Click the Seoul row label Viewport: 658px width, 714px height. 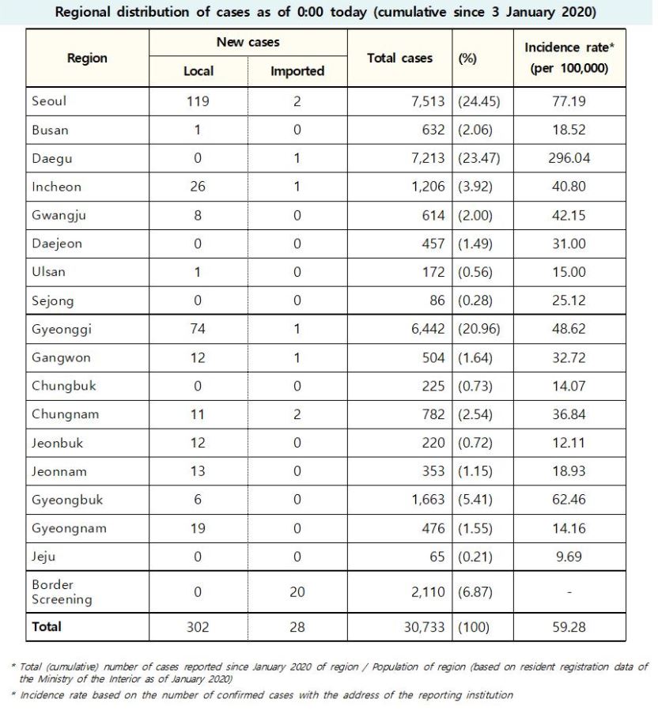point(49,100)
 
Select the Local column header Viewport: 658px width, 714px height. point(198,71)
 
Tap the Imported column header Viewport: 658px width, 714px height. point(297,71)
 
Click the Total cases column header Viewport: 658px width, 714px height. point(400,58)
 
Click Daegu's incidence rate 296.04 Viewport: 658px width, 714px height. point(569,158)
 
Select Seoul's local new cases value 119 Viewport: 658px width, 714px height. point(198,101)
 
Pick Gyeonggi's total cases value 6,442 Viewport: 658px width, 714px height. point(428,329)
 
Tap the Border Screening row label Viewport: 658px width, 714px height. point(62,592)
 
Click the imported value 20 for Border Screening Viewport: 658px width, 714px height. point(297,592)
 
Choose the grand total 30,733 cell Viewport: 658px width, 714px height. point(424,627)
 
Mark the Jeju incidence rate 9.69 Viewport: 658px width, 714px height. point(569,557)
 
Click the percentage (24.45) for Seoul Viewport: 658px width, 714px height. point(479,101)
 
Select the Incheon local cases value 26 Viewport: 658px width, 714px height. point(198,187)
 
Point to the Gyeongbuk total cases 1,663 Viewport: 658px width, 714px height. point(428,500)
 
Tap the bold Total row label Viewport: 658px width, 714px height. point(47,626)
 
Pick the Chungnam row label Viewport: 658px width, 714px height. point(65,414)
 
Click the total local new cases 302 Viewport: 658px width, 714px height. point(198,627)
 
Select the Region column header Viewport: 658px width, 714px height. point(87,59)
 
